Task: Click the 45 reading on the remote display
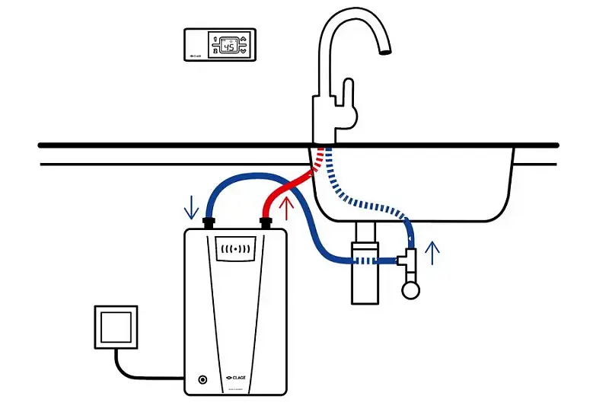227,45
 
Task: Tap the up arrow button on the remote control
244,37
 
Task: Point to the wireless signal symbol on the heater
235,250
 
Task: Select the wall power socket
116,328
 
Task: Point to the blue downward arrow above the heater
191,206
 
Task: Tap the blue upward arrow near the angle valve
433,252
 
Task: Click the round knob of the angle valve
412,289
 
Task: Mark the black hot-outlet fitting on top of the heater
266,223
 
